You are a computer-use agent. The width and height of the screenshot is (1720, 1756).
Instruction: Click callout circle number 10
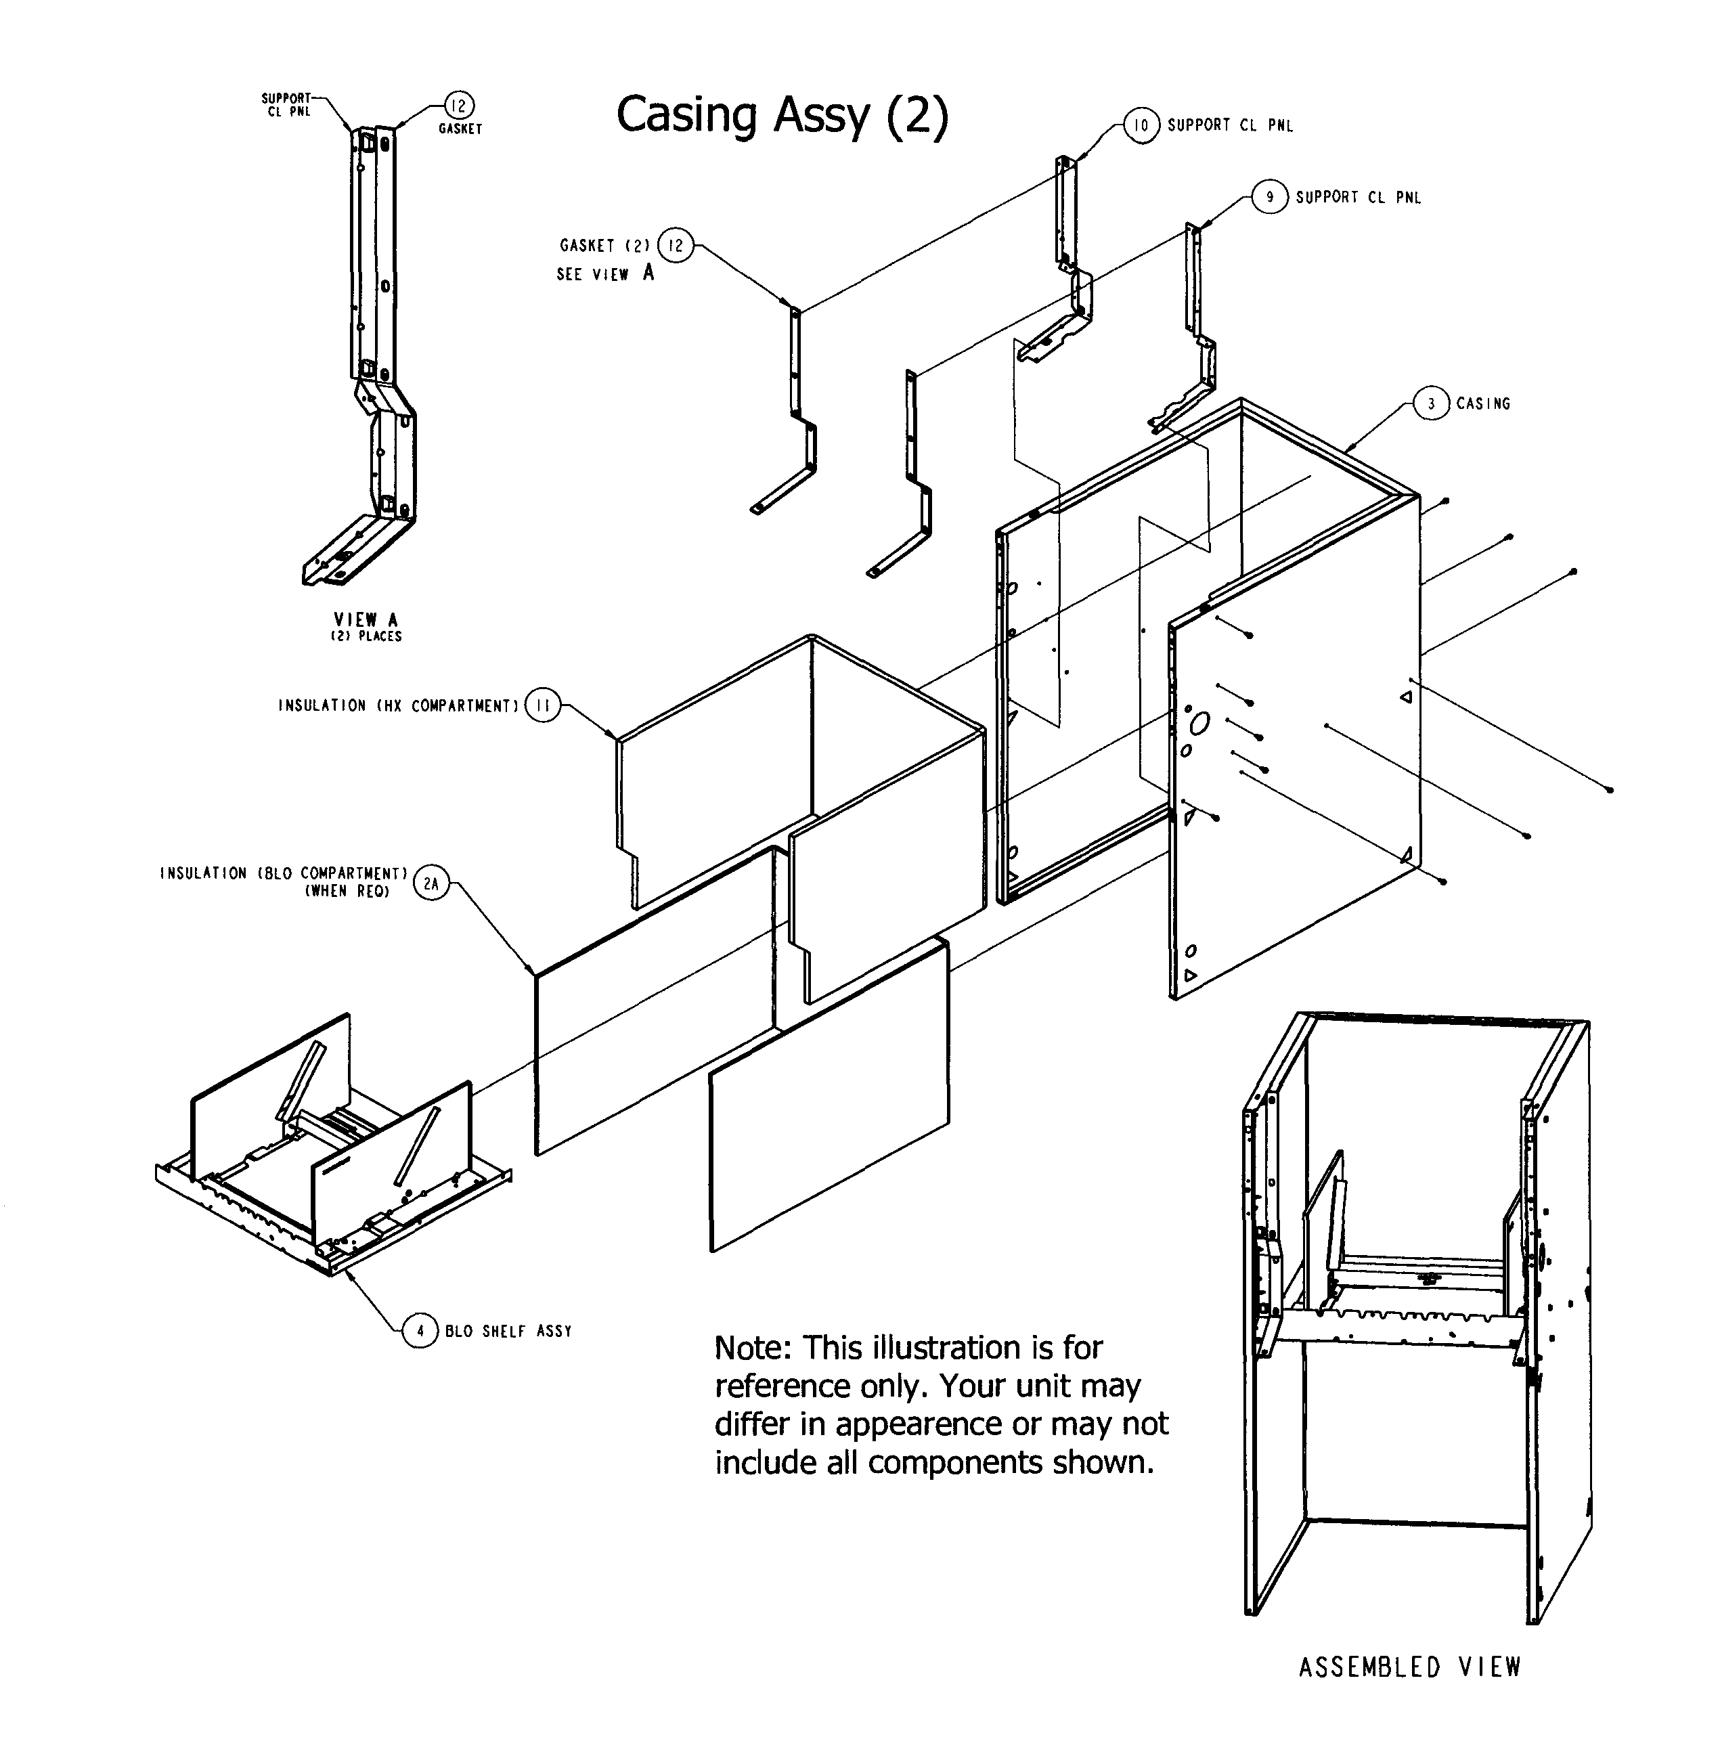click(1141, 125)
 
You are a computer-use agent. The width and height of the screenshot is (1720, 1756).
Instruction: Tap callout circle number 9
click(1269, 197)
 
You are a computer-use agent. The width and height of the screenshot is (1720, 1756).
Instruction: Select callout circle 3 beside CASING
click(1430, 403)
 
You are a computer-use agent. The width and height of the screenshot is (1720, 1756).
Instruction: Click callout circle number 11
click(542, 705)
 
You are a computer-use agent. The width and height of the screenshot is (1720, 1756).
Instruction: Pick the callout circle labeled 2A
click(431, 884)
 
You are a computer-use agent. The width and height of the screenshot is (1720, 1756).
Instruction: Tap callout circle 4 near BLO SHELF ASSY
click(420, 1331)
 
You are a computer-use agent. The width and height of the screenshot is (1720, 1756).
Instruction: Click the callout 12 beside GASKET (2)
click(675, 245)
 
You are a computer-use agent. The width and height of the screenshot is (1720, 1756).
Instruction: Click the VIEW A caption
click(366, 619)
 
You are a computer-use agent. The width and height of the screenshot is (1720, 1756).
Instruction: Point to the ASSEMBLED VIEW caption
click(1409, 1667)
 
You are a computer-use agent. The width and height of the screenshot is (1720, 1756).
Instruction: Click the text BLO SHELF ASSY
click(508, 1332)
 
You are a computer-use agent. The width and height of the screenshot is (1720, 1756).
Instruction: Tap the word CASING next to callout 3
click(1482, 403)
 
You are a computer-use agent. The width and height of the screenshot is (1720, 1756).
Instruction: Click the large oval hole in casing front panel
click(1199, 724)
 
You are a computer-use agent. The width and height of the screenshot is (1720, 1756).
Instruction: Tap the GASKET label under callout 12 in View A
click(460, 129)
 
